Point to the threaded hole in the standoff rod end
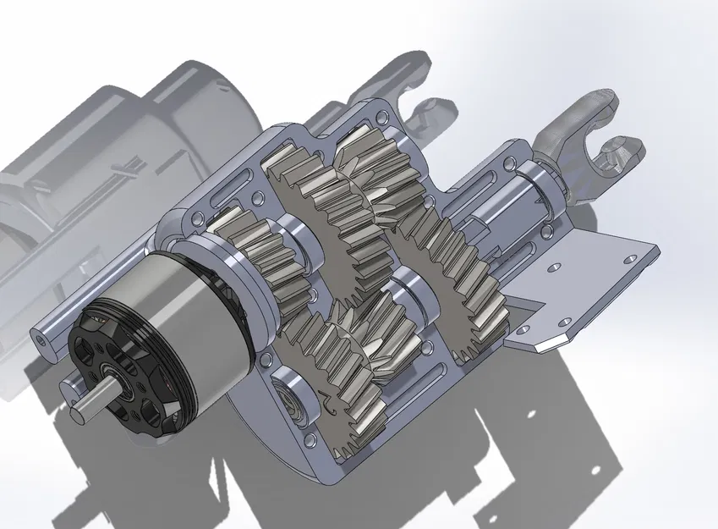click(x=41, y=335)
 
